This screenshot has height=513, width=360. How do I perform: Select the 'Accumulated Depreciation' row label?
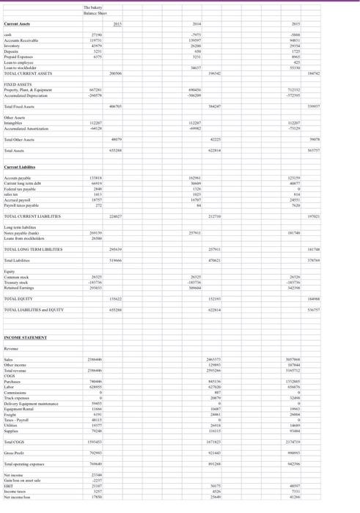coord(26,95)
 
